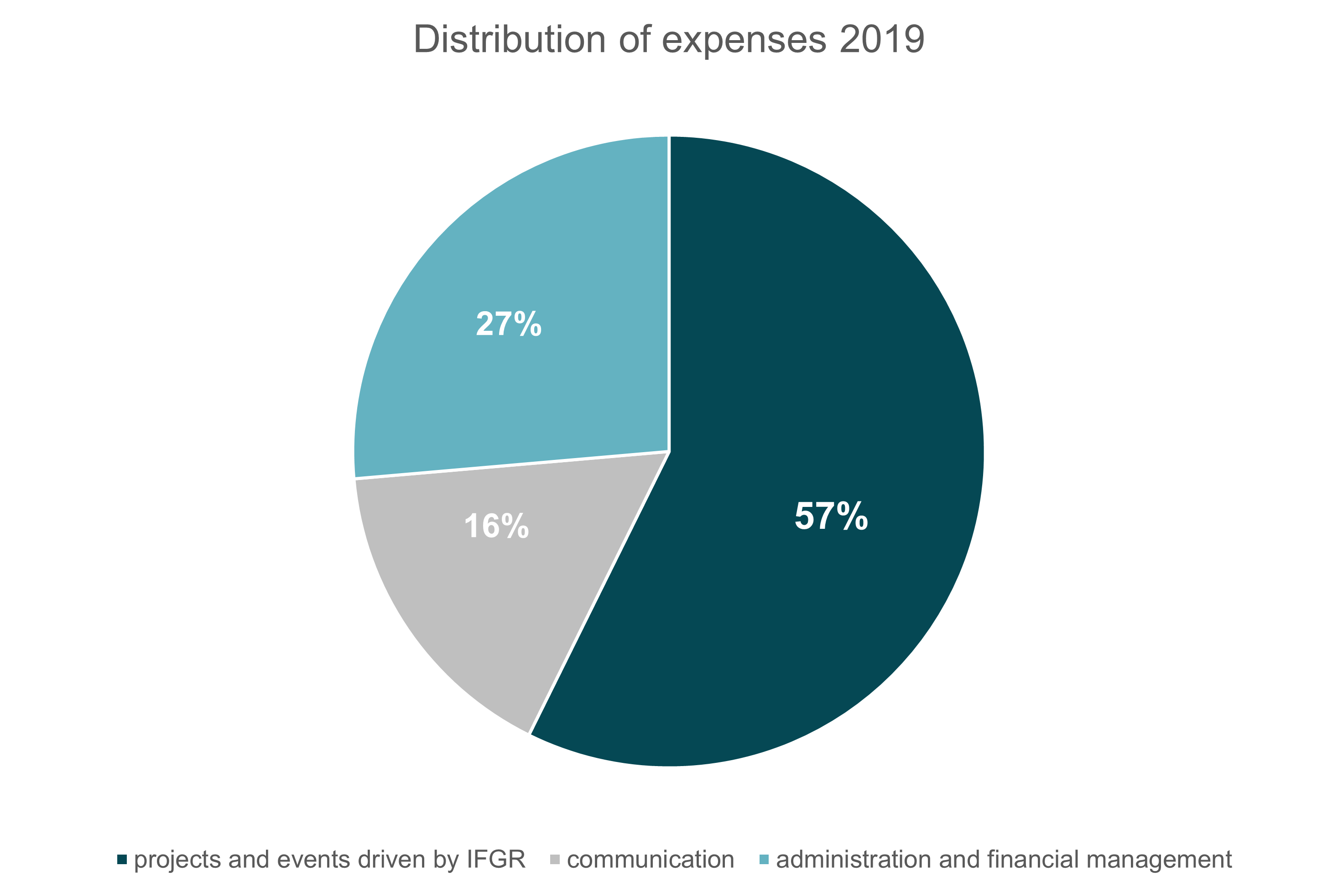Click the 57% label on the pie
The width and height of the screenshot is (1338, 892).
831,516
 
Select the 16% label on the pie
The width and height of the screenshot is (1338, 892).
496,526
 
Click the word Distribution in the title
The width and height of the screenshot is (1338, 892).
510,40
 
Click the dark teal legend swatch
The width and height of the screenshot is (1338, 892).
122,860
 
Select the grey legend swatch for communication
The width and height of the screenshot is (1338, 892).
555,860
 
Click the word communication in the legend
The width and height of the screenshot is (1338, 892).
651,860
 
